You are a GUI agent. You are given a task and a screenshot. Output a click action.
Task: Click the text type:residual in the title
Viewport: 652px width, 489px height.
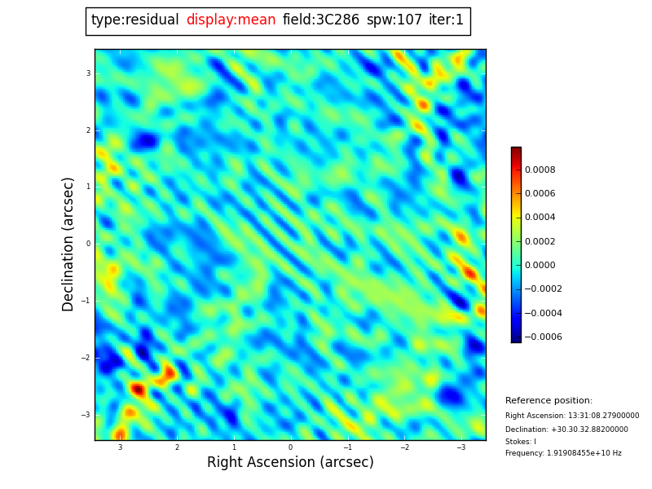tap(134, 20)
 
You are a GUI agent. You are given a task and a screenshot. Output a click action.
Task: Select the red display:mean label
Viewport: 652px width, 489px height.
tap(231, 20)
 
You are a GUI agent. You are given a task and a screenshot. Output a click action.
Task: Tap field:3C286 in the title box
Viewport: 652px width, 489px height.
tap(320, 20)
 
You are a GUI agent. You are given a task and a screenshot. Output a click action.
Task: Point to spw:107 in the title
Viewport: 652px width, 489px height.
tap(394, 20)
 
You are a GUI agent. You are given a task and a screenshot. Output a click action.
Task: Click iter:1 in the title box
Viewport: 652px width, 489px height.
tap(446, 20)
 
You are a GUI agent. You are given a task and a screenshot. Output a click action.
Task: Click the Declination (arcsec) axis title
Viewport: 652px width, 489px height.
tap(68, 244)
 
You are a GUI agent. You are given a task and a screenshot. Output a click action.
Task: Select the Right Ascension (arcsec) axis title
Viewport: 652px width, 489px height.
tap(290, 463)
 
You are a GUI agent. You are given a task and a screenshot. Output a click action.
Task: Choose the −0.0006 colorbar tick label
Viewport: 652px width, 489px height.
tap(543, 337)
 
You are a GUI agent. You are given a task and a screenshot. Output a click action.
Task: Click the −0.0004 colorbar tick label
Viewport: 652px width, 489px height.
tap(543, 314)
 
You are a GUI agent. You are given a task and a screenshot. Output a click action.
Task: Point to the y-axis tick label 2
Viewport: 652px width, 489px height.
tap(88, 130)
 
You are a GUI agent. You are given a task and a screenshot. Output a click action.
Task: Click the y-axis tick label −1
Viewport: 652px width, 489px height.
tap(86, 301)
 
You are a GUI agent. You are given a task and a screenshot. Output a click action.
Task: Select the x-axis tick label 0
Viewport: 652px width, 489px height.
tap(290, 447)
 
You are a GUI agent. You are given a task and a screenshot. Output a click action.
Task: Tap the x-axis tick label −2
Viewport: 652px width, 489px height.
tap(403, 447)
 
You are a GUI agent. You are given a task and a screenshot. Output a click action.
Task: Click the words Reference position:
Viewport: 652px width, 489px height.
tap(548, 401)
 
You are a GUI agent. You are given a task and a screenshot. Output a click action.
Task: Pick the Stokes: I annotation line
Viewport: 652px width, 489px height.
tap(521, 442)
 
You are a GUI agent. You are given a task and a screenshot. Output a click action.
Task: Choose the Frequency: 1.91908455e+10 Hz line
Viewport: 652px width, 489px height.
tap(563, 454)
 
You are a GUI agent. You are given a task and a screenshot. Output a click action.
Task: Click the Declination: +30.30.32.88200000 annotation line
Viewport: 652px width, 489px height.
tap(566, 430)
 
